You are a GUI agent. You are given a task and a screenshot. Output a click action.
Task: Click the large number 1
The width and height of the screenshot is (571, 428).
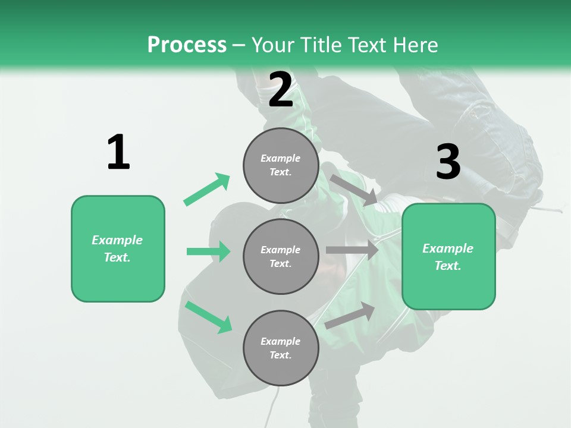pos(118,152)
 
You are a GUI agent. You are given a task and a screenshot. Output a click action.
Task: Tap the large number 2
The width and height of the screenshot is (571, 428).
pos(281,90)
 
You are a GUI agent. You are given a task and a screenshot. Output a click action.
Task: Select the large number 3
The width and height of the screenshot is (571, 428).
pos(448,162)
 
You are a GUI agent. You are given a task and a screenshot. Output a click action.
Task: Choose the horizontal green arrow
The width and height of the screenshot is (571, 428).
pos(208,251)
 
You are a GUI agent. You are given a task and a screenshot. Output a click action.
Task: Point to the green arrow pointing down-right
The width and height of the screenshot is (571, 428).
pos(208,317)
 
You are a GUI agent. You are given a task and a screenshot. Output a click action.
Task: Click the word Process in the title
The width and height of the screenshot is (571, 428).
pos(187,45)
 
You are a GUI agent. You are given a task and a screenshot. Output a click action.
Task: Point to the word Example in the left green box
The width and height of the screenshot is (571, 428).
pos(117,240)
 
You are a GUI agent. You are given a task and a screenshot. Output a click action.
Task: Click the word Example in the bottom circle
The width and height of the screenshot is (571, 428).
pos(281,341)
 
